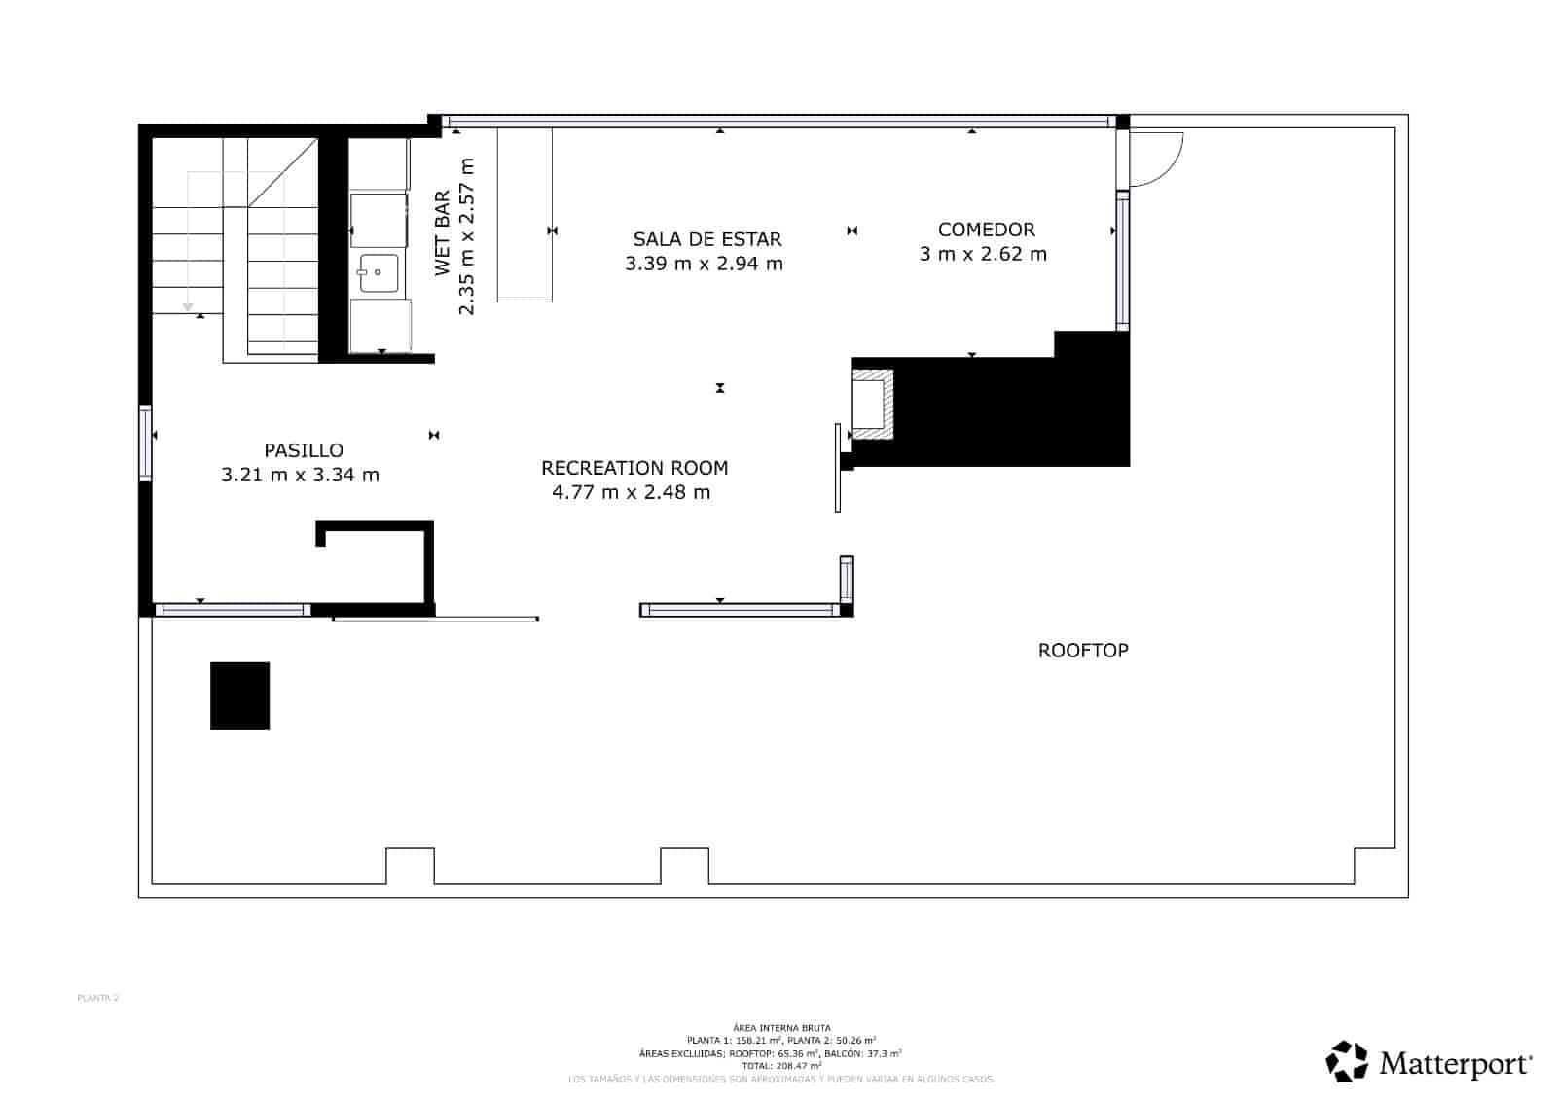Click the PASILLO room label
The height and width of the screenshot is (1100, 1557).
coord(304,450)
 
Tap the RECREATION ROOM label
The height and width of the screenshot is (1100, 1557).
coord(634,468)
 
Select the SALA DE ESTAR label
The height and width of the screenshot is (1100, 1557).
coord(706,239)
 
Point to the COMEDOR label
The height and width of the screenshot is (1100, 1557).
coord(986,230)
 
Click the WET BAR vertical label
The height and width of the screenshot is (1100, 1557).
coord(443,233)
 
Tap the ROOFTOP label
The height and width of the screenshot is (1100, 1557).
coord(1083,651)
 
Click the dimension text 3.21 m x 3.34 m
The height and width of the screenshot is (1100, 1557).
coord(300,476)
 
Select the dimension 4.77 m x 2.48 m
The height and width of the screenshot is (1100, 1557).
coord(631,492)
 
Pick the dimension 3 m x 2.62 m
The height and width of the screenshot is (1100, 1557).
coord(983,254)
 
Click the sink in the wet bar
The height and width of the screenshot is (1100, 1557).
coord(378,273)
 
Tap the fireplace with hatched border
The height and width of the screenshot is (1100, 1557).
coord(872,404)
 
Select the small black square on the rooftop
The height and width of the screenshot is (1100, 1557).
coord(240,696)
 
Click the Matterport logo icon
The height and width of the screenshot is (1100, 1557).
coord(1347,1061)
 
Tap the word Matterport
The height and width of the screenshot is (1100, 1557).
coord(1454,1064)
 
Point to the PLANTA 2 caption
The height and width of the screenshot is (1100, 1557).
coord(97,998)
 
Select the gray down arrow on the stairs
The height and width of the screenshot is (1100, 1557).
coord(188,307)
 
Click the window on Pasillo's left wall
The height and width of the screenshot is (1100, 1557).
coord(145,443)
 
